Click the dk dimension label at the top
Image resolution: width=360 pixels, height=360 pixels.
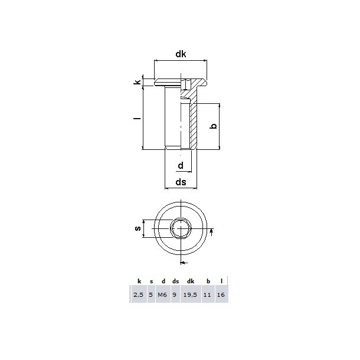(x=181, y=54)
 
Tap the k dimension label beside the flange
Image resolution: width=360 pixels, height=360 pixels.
(x=137, y=82)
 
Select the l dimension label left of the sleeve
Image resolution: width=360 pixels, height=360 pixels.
(x=136, y=118)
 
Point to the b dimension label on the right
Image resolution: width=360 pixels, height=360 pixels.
(x=214, y=126)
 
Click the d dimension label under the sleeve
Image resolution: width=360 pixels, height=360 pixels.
(x=181, y=165)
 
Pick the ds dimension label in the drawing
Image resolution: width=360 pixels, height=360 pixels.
(x=181, y=182)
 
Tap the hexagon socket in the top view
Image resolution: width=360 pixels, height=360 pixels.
(x=180, y=228)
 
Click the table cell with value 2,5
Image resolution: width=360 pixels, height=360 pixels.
(x=138, y=294)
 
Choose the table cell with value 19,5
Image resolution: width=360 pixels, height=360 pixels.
(x=190, y=294)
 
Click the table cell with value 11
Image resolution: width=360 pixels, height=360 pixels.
(x=208, y=294)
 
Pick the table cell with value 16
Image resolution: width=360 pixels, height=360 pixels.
(x=221, y=294)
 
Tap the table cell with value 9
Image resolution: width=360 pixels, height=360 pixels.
(x=175, y=294)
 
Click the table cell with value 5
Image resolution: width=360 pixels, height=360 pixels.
(x=151, y=294)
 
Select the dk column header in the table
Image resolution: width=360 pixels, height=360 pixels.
(x=190, y=282)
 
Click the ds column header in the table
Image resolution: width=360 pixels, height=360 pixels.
(x=175, y=282)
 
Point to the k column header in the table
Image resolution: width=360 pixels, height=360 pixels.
(x=139, y=282)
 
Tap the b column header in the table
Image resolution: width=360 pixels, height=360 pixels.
(x=208, y=282)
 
